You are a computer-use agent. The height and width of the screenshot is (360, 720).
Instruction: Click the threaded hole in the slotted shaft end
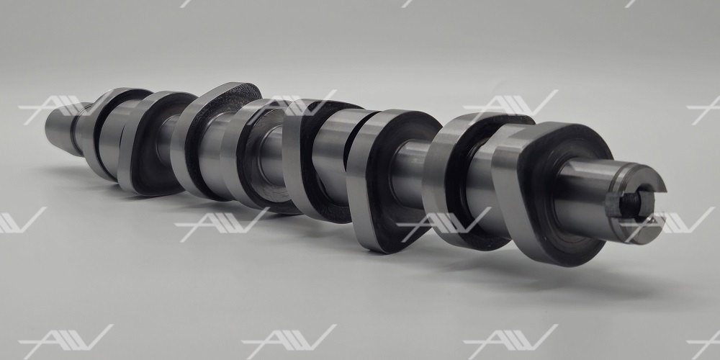coord(631,204)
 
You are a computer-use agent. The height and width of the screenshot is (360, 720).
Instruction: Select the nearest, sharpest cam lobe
coord(551,193)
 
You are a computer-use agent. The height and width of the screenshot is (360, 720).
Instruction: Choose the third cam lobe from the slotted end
coord(390,179)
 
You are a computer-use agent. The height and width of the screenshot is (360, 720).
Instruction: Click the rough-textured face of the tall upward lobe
coord(220,138)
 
